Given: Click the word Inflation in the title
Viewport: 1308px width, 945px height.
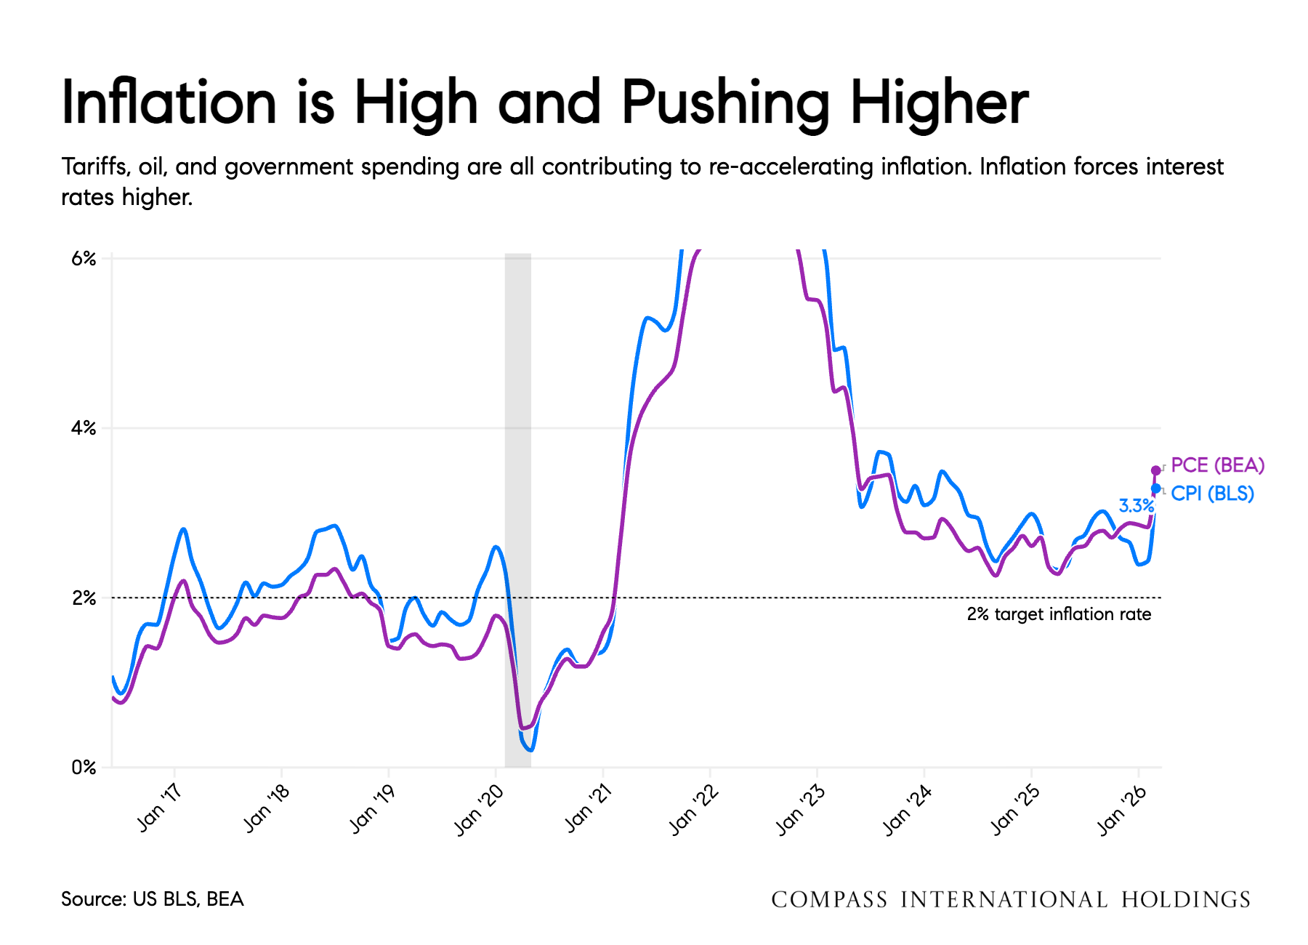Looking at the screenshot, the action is pyautogui.click(x=169, y=102).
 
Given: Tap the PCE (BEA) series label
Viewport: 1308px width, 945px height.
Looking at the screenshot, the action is pyautogui.click(x=1218, y=465).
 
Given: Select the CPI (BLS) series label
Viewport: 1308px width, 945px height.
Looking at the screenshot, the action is pyautogui.click(x=1213, y=494).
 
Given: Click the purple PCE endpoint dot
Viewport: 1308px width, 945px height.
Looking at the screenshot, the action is pyautogui.click(x=1156, y=470).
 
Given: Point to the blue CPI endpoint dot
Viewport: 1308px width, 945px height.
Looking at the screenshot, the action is pyautogui.click(x=1156, y=488).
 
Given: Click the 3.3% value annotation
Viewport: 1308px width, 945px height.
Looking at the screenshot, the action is pyautogui.click(x=1136, y=506).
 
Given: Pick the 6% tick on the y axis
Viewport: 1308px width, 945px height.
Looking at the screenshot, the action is pyautogui.click(x=84, y=259).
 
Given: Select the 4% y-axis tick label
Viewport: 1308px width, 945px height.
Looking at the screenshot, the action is pyautogui.click(x=84, y=428).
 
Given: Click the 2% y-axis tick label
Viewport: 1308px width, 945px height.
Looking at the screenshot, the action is pyautogui.click(x=84, y=598).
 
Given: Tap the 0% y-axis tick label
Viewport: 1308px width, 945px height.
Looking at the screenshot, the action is pyautogui.click(x=84, y=767).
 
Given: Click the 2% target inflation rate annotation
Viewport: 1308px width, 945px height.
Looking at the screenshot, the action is pyautogui.click(x=1059, y=614).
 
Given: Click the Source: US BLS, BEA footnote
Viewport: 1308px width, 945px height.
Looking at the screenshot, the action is pyautogui.click(x=153, y=899).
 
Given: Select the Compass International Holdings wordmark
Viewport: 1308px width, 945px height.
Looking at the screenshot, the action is pyautogui.click(x=1011, y=900).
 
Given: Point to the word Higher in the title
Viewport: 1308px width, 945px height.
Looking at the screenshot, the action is pyautogui.click(x=940, y=102).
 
